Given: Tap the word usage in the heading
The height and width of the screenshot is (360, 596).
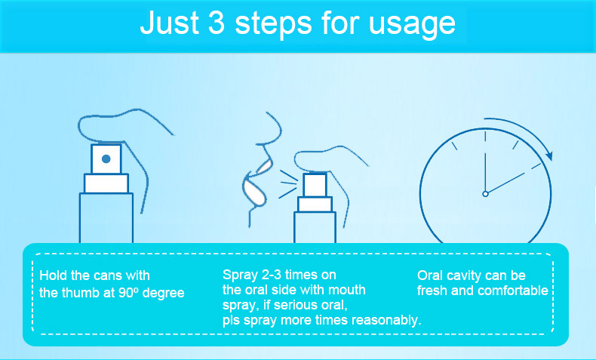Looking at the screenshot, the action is coord(412,26).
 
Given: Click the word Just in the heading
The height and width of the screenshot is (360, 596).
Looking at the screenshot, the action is coord(170,22).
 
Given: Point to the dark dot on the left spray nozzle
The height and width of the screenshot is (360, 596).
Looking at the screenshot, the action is coord(106,159).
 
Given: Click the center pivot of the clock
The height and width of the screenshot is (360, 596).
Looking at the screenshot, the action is coord(485,194).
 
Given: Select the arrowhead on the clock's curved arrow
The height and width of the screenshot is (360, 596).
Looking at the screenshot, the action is coord(548,155).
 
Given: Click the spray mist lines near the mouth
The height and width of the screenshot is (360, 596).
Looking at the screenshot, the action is coord(288,184).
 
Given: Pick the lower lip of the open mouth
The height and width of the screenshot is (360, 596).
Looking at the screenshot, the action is coord(254,192).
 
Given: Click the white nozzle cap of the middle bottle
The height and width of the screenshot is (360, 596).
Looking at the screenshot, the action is coord(315,185).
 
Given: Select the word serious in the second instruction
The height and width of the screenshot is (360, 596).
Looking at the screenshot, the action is coord(292,305).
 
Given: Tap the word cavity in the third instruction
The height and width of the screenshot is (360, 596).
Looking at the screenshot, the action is coord(465,276).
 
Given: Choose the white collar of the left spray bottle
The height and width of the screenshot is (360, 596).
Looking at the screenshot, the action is coord(106,183).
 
